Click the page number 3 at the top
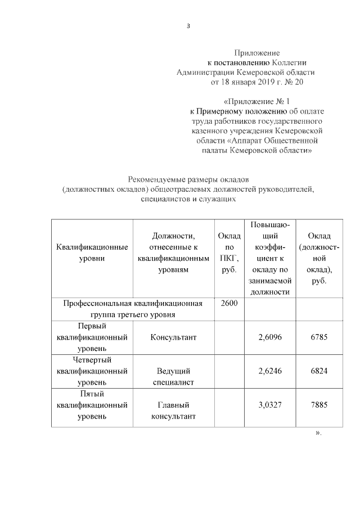point(188,26)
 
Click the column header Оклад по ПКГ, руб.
point(228,253)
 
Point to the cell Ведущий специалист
point(173,376)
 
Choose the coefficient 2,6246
point(268,371)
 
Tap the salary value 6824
point(318,371)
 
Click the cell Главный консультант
point(173,411)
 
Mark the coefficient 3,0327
point(268,405)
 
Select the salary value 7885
point(318,405)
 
